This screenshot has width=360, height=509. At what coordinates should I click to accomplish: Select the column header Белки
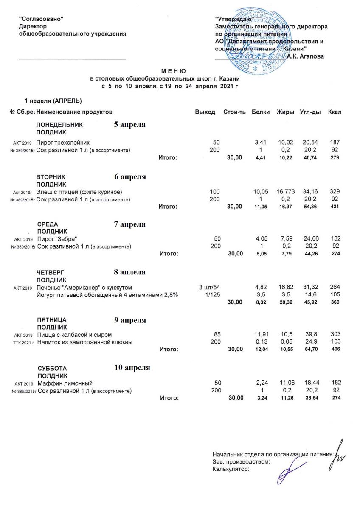point(259,112)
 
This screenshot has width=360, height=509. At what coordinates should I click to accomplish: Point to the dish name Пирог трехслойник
point(63,142)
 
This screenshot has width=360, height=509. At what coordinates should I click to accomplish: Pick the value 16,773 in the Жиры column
point(286,193)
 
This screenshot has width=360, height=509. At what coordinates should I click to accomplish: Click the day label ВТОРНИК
point(51,176)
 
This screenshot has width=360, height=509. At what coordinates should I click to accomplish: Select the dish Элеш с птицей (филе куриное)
point(79,193)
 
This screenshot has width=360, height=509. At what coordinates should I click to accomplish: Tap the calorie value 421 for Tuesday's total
point(335,207)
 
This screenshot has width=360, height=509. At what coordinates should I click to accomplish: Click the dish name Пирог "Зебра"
point(58,239)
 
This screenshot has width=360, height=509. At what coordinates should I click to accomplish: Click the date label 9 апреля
point(130,320)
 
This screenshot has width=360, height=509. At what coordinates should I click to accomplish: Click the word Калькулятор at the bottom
point(230,469)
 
